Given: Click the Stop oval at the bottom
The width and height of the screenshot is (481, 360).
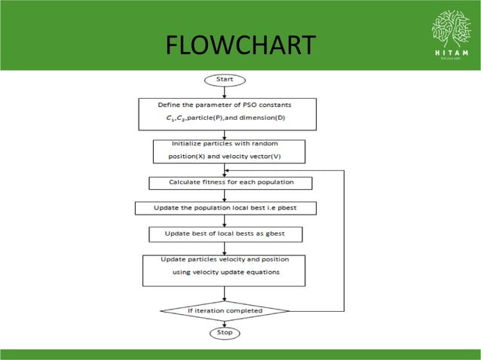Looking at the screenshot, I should [225, 332].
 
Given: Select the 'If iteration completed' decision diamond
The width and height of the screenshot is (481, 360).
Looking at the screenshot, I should [225, 310].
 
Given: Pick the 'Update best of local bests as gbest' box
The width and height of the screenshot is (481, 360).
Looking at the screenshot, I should [226, 234].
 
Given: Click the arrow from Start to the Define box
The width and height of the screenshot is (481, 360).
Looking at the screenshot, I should [225, 92].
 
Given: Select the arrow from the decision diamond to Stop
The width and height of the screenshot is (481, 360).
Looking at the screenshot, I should [225, 322].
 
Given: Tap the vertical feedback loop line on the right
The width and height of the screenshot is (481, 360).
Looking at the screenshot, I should [344, 241].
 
